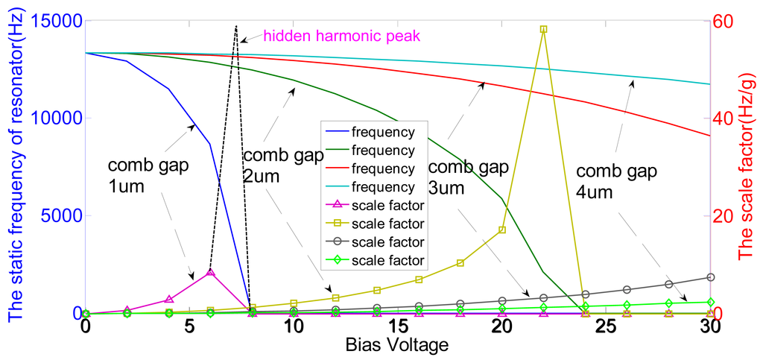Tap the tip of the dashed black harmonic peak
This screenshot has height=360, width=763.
235,26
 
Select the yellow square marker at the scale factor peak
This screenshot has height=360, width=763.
543,29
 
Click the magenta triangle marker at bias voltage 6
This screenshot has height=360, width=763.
211,272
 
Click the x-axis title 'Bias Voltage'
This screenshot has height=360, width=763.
397,346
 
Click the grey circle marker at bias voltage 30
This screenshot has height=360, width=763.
710,277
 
